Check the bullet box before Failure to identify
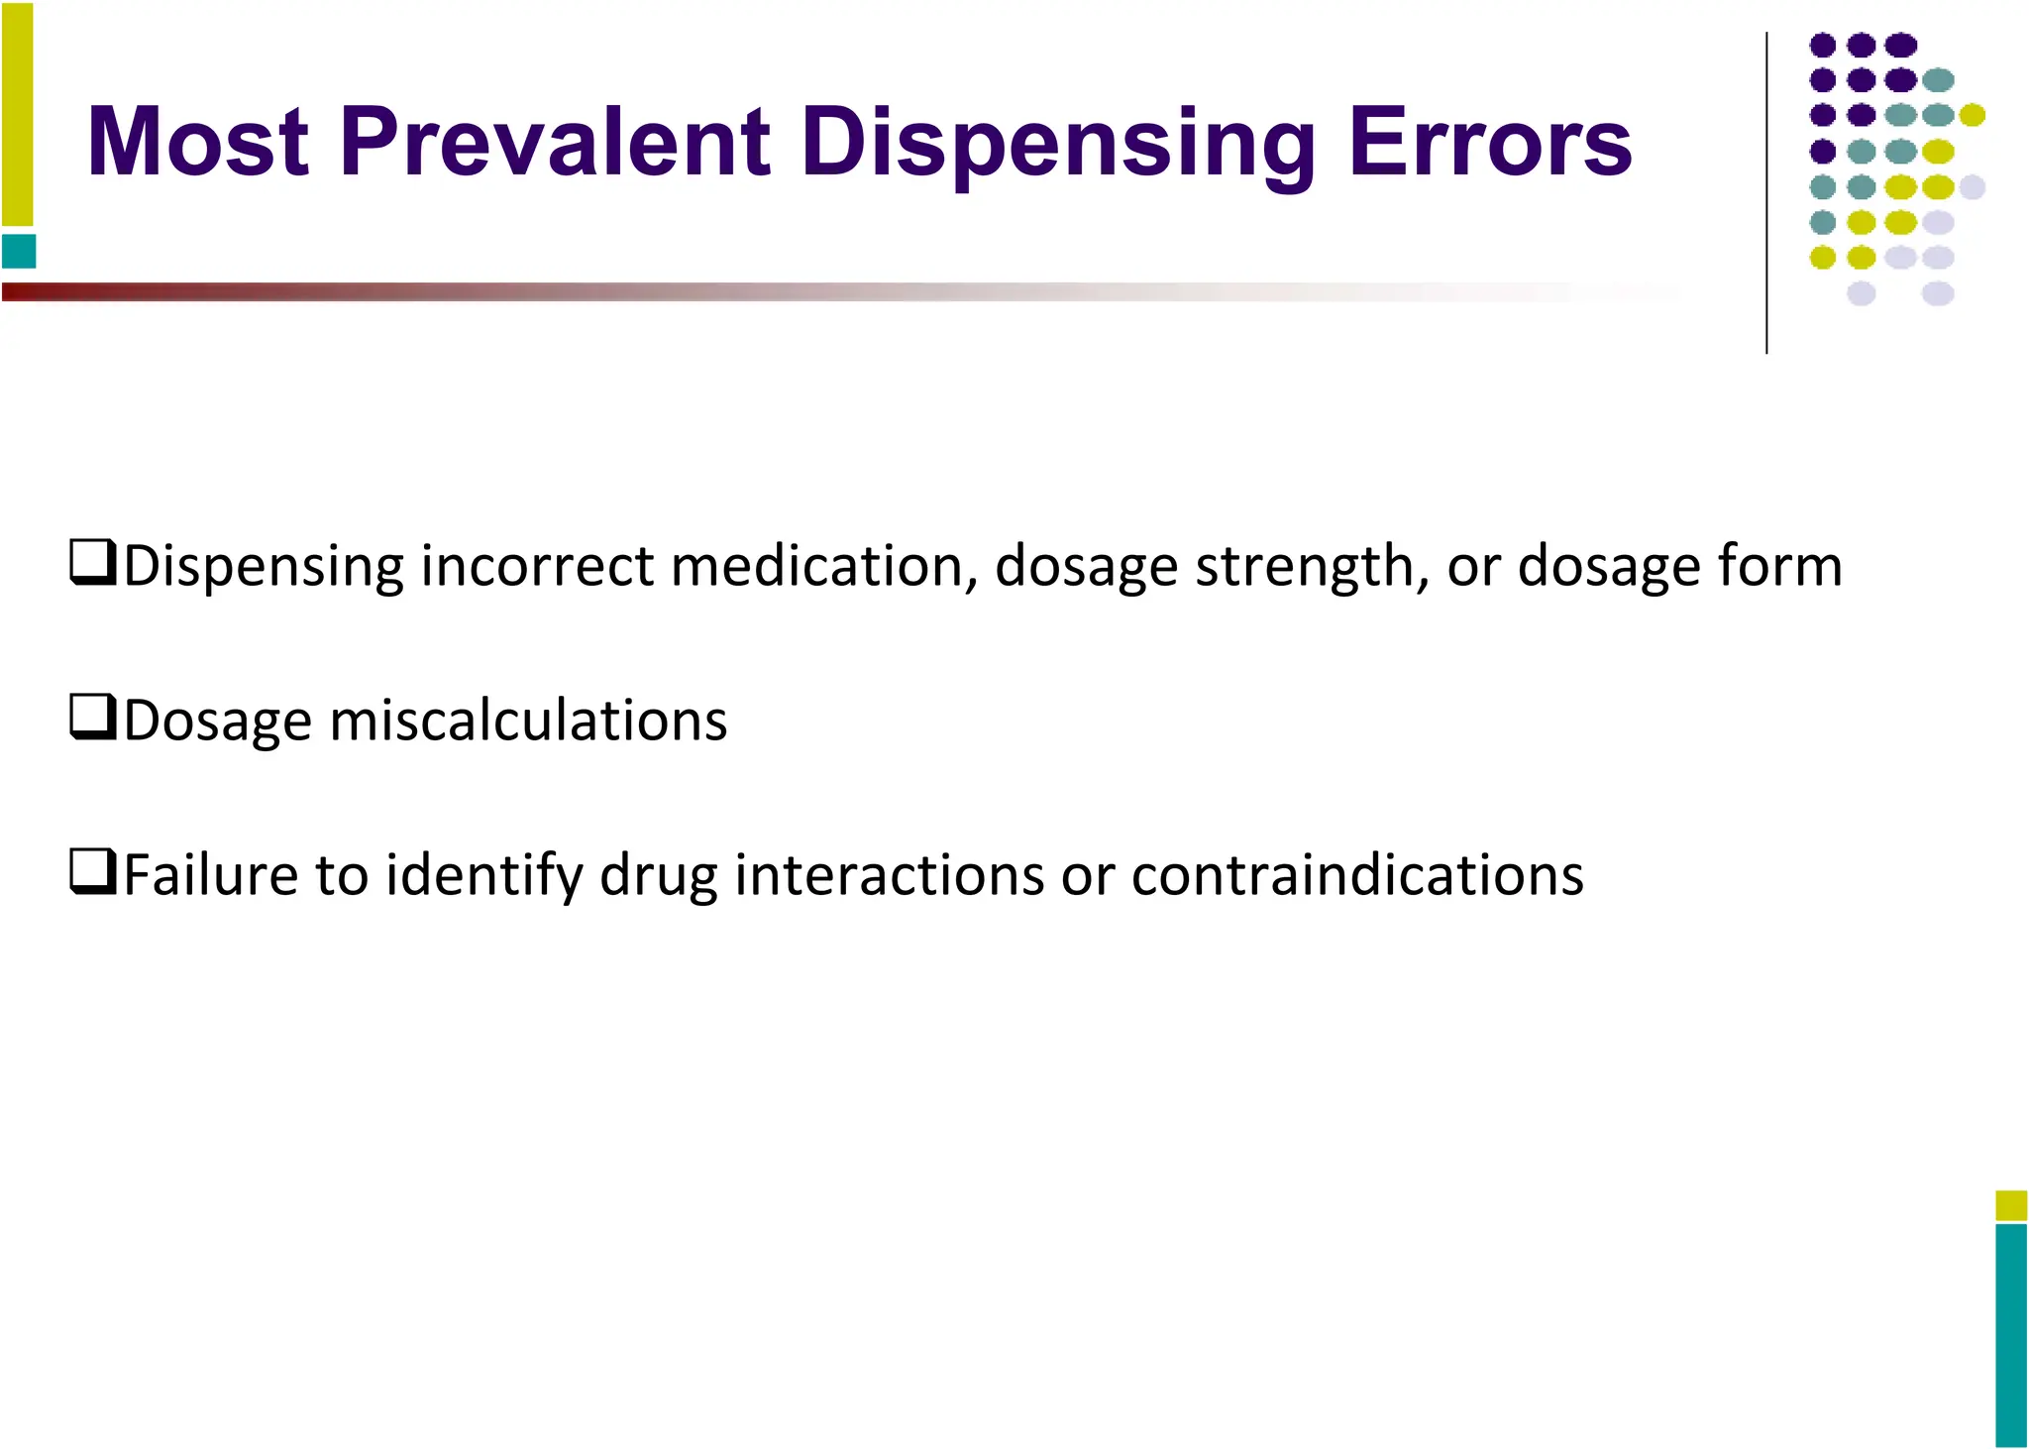tap(93, 872)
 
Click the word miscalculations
tap(528, 721)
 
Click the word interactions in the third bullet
tap(889, 875)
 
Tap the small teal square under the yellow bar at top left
tap(19, 251)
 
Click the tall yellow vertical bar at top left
tap(17, 114)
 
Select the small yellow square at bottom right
tap(2011, 1205)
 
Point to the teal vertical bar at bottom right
tap(2011, 1334)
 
